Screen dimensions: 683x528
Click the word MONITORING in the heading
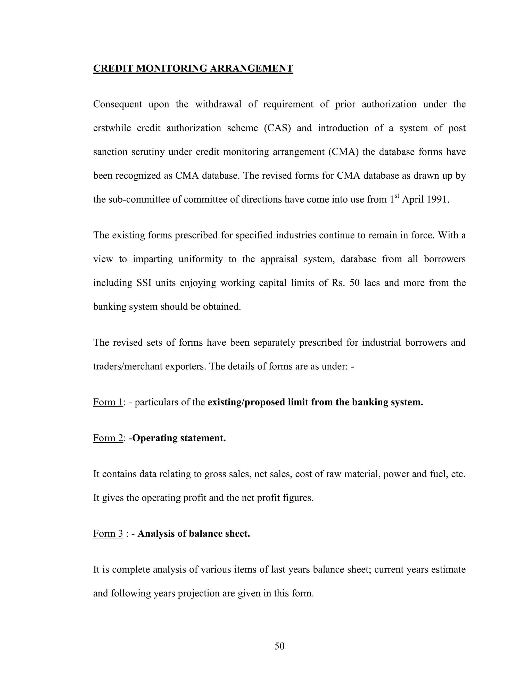(172, 69)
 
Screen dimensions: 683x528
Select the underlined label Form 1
(108, 402)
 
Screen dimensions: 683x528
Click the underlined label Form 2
(108, 438)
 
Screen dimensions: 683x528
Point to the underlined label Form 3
(108, 534)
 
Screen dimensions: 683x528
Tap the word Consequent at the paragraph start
(117, 104)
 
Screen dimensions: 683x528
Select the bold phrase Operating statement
(179, 438)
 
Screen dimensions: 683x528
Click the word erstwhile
(112, 128)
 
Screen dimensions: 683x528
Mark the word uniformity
(201, 259)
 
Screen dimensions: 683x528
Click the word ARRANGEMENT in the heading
(251, 69)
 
